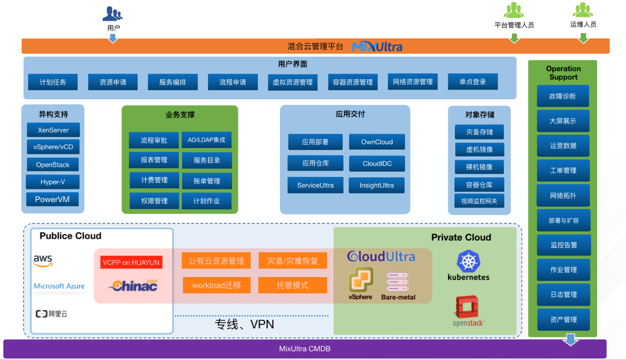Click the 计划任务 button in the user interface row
coord(53,82)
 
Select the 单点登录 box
coord(472,82)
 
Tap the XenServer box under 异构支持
coord(53,130)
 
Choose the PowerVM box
coord(52,200)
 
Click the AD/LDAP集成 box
coord(206,140)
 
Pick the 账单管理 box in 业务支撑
coord(206,181)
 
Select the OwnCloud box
coord(377,142)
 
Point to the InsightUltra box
coord(377,185)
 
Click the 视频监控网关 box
coord(479,201)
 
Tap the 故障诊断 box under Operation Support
coord(562,96)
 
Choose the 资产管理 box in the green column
coord(563,320)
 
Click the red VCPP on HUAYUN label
coord(131,262)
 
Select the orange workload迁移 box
coord(216,285)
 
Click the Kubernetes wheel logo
coord(468,261)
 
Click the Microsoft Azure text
coord(59,286)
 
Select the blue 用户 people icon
coord(113,13)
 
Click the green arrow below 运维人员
coord(583,38)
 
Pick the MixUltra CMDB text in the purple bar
coord(305,349)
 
